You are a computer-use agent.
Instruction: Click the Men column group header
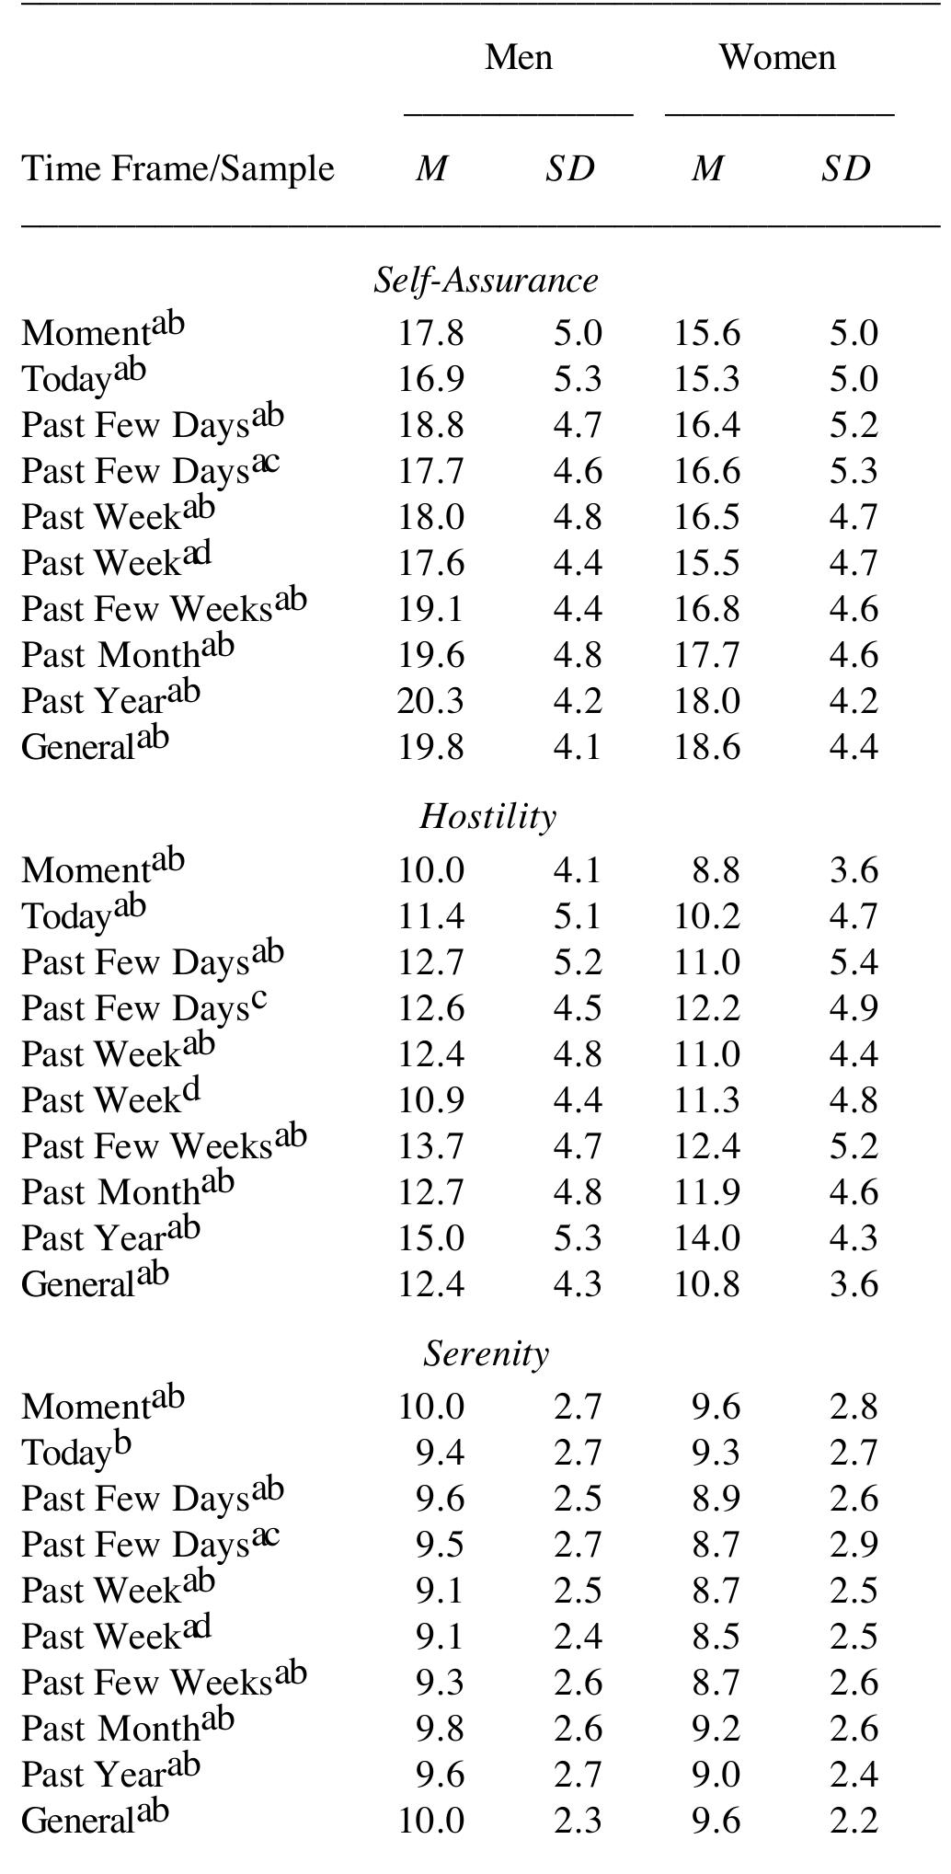(519, 57)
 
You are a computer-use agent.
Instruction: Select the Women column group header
(777, 57)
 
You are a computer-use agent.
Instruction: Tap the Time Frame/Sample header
(178, 168)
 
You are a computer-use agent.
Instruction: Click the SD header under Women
(845, 168)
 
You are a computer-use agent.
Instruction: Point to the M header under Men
(430, 168)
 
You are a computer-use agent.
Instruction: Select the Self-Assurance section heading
(486, 280)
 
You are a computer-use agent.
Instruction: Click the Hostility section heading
(487, 816)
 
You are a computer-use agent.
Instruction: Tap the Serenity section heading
(486, 1353)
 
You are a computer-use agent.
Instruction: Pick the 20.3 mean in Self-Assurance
(430, 701)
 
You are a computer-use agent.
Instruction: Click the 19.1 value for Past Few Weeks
(430, 609)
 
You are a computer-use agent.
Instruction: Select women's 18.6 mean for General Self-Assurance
(706, 747)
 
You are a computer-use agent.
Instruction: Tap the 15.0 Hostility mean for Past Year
(430, 1238)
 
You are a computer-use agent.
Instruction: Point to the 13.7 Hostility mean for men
(430, 1146)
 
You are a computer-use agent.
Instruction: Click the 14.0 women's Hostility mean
(706, 1238)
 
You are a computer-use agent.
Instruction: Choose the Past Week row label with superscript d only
(110, 1099)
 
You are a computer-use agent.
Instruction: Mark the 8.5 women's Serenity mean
(716, 1637)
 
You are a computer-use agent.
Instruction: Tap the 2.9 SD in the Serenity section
(854, 1545)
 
